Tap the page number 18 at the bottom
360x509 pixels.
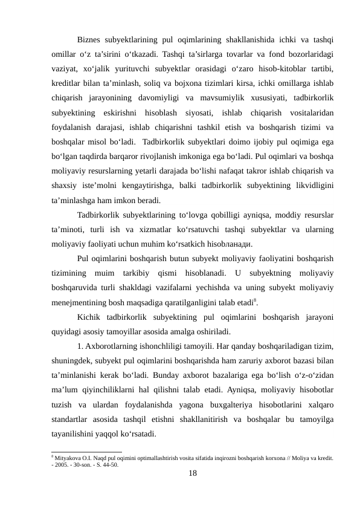coord(193,473)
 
